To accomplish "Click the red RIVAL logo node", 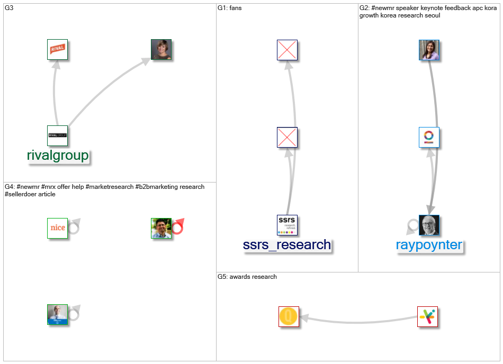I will pos(57,49).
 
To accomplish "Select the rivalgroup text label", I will pos(58,156).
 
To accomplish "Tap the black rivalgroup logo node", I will pos(57,135).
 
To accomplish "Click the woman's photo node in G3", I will pos(161,49).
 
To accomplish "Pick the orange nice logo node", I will pos(57,228).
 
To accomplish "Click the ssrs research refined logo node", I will pos(287,225).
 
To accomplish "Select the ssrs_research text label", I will pos(287,245).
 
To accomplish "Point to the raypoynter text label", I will pos(429,245).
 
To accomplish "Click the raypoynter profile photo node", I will pos(429,225).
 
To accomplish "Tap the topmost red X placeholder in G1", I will pos(287,50).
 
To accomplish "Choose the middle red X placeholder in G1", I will pos(287,138).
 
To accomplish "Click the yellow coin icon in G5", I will pos(289,316).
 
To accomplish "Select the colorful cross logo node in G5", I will pos(427,316).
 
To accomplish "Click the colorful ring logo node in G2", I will pos(429,138).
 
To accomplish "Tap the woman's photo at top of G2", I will pos(429,50).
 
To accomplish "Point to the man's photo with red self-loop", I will pos(161,228).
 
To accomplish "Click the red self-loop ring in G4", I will pos(177,226).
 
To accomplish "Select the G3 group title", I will pos(9,8).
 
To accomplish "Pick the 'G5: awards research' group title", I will pos(247,277).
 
